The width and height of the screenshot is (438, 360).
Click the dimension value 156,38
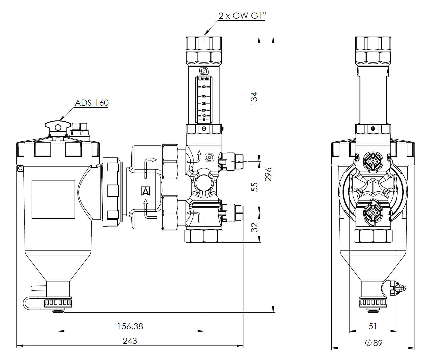coord(130,326)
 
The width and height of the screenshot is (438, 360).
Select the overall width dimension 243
coord(130,341)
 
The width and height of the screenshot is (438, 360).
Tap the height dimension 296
coord(268,174)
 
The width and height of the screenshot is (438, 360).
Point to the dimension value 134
coord(254,98)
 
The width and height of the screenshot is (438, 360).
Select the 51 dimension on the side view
coord(373,326)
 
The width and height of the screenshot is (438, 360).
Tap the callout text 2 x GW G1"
coord(242,16)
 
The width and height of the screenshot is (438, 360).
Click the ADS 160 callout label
coord(92,103)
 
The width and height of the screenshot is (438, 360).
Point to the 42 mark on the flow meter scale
coord(204,87)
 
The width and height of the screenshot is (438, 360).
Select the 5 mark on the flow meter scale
coord(204,120)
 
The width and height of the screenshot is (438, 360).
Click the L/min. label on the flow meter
coord(204,79)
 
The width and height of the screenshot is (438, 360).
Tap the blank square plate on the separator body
coord(53,199)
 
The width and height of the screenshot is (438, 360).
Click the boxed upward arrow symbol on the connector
coord(146,191)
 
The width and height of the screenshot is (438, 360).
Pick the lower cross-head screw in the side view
coord(373,213)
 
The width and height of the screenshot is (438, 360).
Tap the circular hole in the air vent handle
coord(58,127)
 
